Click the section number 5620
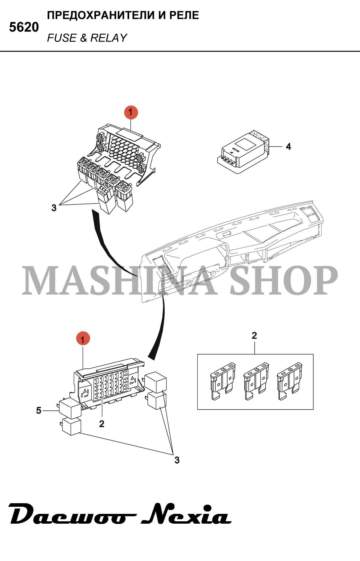pos(24,27)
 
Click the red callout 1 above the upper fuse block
pos(131,112)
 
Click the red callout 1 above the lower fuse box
pos(83,339)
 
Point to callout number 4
pos(288,146)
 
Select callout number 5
pos(39,410)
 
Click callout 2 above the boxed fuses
pos(254,335)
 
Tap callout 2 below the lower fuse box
pos(102,424)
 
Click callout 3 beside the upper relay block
pos(54,208)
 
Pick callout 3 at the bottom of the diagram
pos(177,460)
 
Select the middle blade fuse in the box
pos(256,381)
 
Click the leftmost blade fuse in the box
pos(223,381)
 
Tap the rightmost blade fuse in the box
pos(289,381)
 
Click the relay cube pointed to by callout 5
pos(70,408)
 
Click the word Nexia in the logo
pos(186,514)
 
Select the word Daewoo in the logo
pos(71,515)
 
